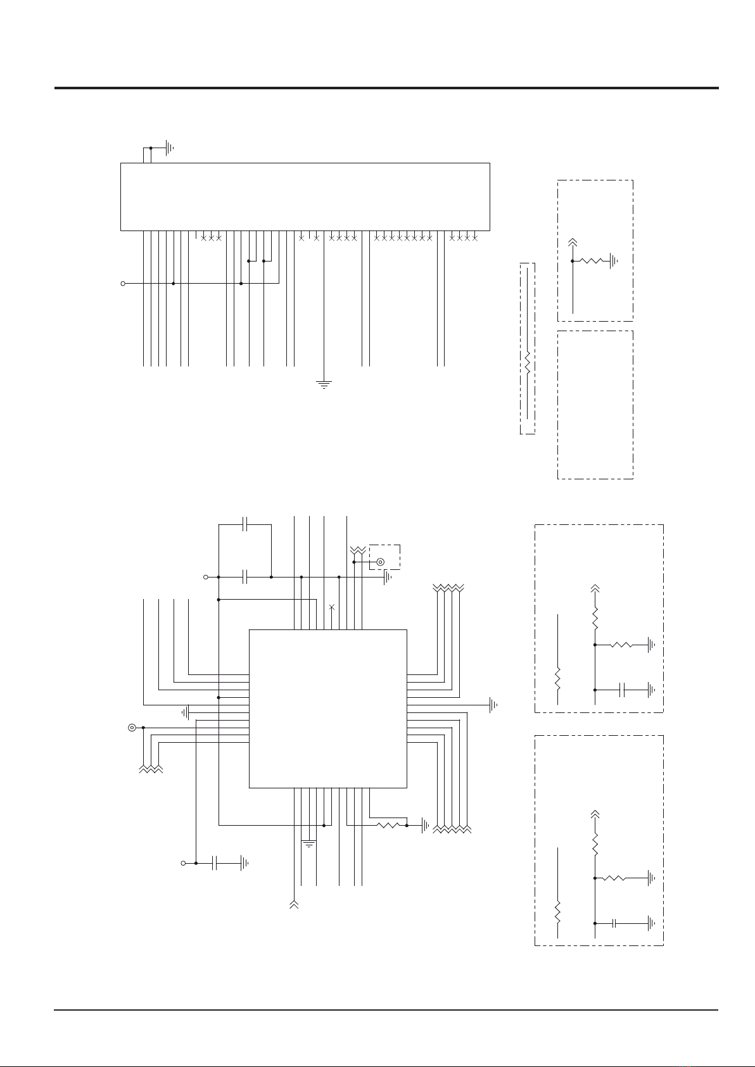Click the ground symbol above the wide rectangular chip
tap(168, 148)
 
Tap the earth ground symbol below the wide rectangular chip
tap(324, 383)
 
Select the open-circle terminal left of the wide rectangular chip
tap(123, 284)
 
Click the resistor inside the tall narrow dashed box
tap(527, 363)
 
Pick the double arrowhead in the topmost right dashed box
tap(573, 242)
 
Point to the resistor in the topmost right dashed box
tap(592, 260)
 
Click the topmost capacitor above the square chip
tap(246, 524)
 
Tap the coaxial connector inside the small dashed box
tap(380, 562)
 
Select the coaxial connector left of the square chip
tap(132, 728)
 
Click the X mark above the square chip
tap(332, 607)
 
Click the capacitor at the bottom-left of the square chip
tap(216, 862)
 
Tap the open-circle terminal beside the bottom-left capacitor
tap(184, 862)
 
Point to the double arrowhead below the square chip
tap(293, 904)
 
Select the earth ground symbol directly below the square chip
tap(308, 843)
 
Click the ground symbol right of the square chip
tap(494, 704)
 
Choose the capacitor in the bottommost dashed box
tap(614, 923)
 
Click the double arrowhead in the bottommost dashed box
tap(595, 813)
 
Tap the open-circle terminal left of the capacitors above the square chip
tap(205, 577)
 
